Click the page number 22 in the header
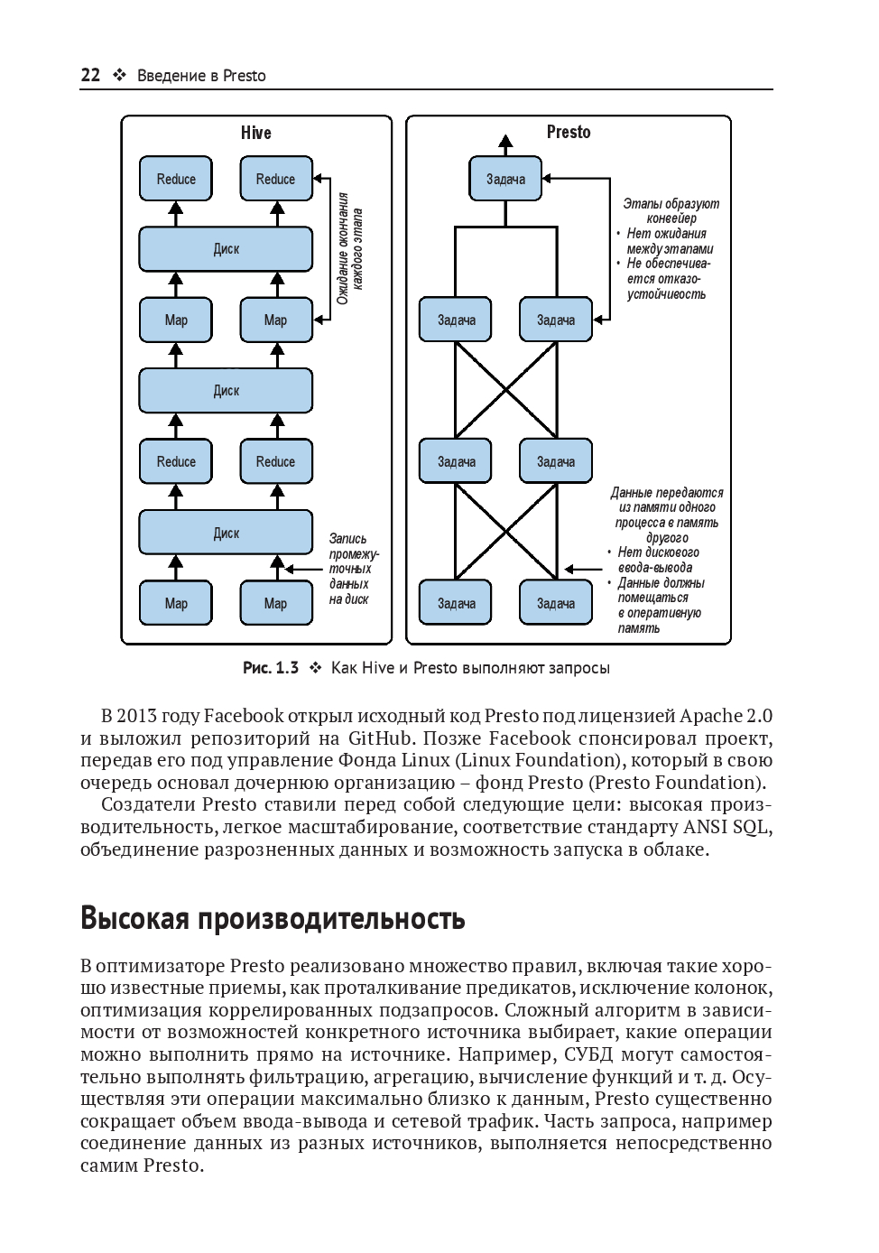(90, 76)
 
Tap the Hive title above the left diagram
(255, 133)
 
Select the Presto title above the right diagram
(569, 132)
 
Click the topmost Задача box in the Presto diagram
(505, 179)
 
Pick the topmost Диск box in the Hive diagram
(226, 249)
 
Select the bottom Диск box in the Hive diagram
(226, 533)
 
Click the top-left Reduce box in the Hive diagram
(176, 179)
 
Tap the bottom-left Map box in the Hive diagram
(176, 603)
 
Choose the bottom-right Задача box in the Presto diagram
(556, 603)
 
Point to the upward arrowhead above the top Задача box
(505, 141)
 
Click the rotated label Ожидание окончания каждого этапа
(349, 248)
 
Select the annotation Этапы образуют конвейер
(671, 211)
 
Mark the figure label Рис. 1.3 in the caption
(271, 669)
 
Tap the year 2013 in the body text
(145, 717)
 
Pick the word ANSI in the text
(708, 827)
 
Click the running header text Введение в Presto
(201, 76)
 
